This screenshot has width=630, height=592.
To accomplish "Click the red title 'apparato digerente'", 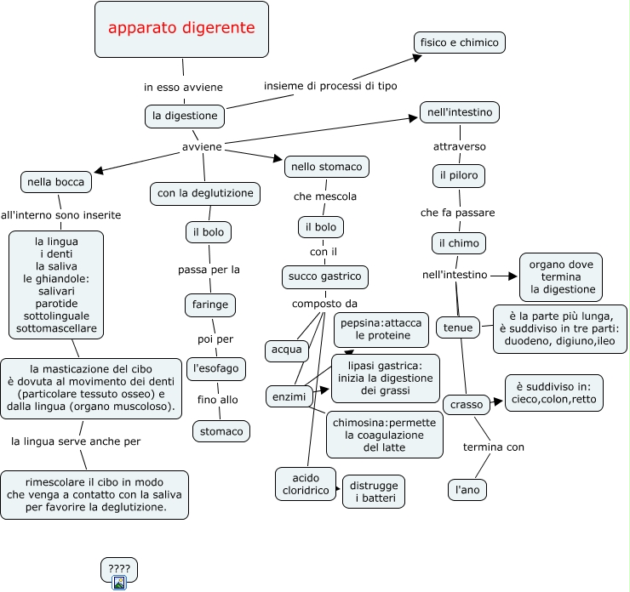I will point(181,28).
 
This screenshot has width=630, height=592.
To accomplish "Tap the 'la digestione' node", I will point(185,116).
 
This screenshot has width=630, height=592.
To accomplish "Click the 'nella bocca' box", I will point(56,182).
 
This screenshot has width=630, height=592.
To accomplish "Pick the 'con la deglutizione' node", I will point(204,194).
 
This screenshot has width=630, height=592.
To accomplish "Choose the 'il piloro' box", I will point(459,176).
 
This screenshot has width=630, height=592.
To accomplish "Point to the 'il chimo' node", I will point(459,243).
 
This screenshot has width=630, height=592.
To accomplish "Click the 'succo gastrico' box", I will point(324,276).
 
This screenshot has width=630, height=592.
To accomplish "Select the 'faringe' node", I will point(209,304).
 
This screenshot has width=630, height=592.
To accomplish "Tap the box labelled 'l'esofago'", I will point(216,368).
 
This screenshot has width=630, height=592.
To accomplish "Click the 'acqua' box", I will point(288,349).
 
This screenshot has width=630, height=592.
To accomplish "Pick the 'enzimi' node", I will point(288,396).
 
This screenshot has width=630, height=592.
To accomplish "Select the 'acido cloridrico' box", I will point(306,483).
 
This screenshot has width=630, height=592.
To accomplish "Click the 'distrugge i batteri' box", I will point(374,492).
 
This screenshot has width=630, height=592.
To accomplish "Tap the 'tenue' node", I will point(459,327).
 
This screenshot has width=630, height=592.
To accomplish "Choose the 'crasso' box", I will point(467,405).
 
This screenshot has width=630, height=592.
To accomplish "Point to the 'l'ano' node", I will point(467,490).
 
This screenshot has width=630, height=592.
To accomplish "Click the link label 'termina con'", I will point(493,447).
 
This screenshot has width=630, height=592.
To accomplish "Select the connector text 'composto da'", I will point(324,304).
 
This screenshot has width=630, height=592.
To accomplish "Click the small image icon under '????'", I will point(119,583).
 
